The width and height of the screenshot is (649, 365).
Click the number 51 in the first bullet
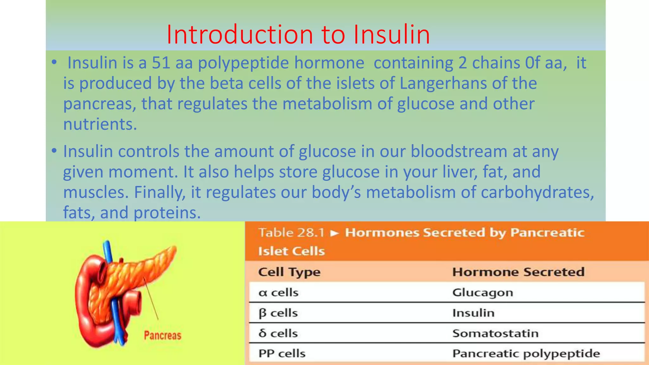coord(161,63)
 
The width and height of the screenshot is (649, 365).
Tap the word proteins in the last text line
coord(167,213)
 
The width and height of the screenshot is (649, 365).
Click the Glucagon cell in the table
coord(482,292)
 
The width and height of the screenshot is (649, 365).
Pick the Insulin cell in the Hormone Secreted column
coord(473,313)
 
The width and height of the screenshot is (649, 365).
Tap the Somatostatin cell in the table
coord(495,333)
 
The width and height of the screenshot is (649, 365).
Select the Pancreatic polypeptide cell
coord(526,354)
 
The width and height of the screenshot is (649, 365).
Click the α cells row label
coord(278,292)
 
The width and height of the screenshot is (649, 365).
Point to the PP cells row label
coord(282,354)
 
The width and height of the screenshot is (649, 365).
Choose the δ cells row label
coord(278,333)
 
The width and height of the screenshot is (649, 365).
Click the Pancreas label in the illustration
coord(163,336)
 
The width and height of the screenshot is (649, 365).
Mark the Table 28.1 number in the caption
coord(292,233)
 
